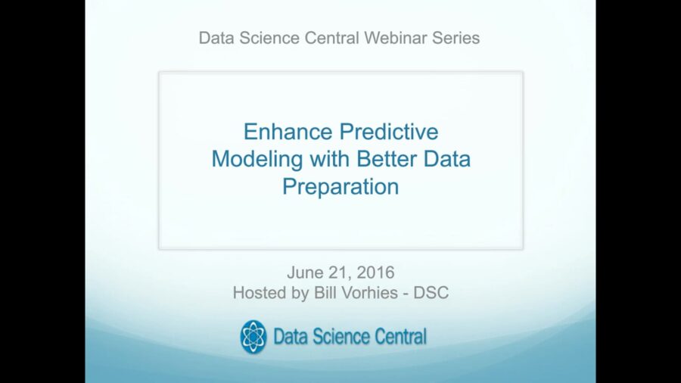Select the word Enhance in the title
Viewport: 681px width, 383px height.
(289, 132)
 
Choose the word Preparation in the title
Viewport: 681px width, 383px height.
(340, 187)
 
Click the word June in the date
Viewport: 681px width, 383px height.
(304, 272)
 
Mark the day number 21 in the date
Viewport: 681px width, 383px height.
(338, 272)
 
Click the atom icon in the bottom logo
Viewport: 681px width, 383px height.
(253, 337)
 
